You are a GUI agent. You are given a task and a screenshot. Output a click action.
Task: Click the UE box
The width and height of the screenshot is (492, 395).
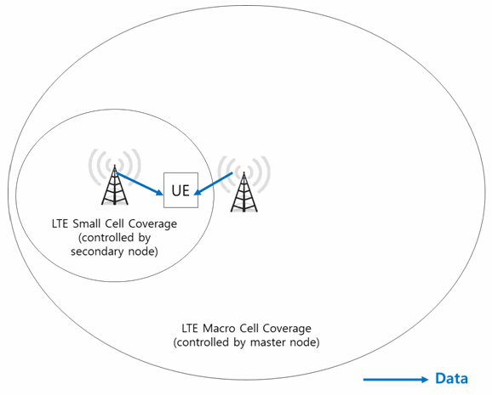[x=180, y=189]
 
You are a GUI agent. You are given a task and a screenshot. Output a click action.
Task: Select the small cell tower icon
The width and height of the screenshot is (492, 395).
[x=115, y=185]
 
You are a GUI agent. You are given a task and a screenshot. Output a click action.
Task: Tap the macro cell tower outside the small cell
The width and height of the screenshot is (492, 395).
[x=244, y=192]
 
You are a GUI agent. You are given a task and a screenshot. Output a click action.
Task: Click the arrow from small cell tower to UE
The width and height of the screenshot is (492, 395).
[x=140, y=183]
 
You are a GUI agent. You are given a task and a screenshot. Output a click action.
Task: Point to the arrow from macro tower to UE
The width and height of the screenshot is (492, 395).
[x=213, y=183]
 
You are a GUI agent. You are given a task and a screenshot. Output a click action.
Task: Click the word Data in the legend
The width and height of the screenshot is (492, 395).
[x=451, y=378]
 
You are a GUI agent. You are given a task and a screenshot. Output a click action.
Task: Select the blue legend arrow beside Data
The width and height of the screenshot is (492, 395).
[x=396, y=380]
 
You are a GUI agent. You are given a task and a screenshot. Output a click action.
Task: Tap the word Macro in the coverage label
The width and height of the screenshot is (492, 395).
[x=219, y=328]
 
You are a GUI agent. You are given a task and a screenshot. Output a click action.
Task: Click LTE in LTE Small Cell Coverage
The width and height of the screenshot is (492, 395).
[x=60, y=223]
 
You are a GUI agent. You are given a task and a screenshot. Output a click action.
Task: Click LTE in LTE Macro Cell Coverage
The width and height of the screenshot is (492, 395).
[x=191, y=328]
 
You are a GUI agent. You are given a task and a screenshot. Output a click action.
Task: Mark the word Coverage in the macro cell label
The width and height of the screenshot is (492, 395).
[x=287, y=328]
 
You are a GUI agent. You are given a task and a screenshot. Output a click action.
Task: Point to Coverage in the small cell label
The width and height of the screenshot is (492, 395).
[x=153, y=223]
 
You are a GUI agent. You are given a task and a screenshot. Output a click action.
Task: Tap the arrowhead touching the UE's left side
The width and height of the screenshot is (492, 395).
[x=159, y=192]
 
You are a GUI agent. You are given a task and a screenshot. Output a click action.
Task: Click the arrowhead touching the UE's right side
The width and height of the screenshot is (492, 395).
[x=198, y=191]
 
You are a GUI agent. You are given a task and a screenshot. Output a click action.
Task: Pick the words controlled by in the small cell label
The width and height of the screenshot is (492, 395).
[x=115, y=238]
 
